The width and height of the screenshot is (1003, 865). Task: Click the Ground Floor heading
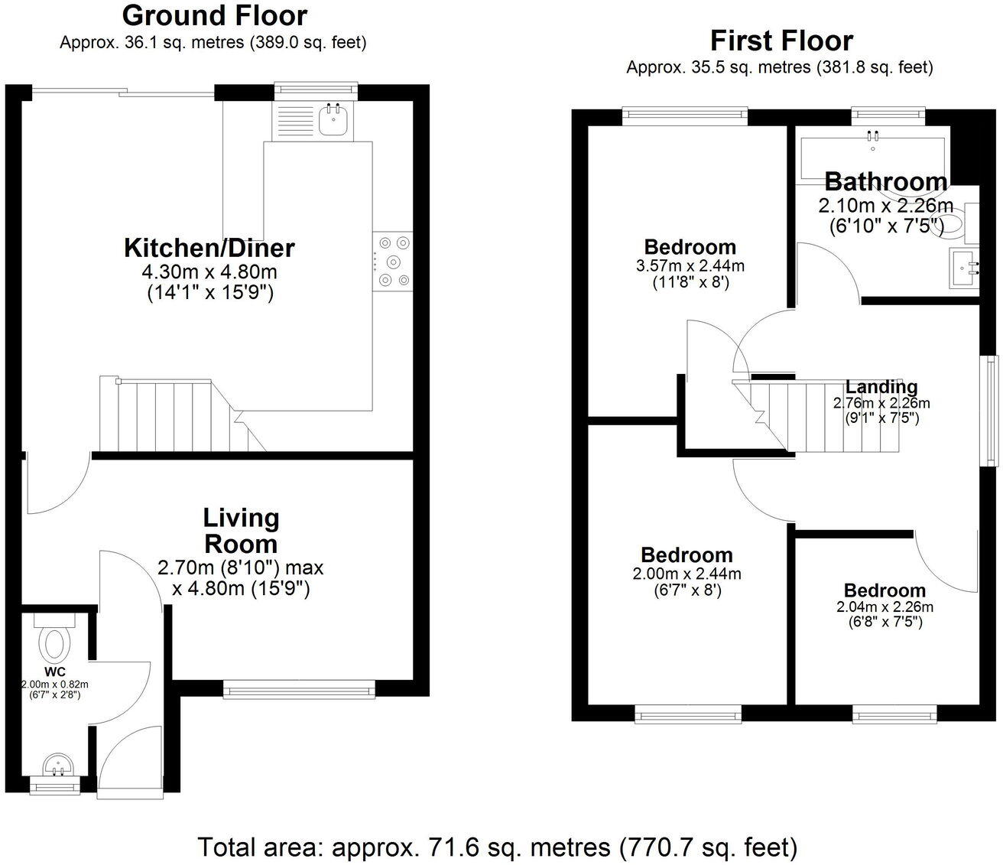click(x=215, y=16)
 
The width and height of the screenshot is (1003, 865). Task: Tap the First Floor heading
click(x=781, y=41)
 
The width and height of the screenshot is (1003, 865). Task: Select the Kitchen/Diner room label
click(x=209, y=248)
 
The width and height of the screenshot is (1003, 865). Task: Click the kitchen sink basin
click(x=333, y=120)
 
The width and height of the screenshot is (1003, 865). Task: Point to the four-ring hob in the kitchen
click(x=393, y=262)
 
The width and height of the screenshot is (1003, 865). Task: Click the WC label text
click(x=55, y=672)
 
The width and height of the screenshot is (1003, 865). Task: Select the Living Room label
click(x=241, y=531)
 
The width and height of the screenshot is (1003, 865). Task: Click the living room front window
click(x=299, y=689)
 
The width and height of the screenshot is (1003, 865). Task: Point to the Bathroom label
click(x=885, y=181)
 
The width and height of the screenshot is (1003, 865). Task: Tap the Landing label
click(x=881, y=387)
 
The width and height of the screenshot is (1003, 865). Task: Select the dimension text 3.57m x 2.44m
click(x=690, y=265)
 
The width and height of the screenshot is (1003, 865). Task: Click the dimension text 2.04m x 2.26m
click(x=885, y=606)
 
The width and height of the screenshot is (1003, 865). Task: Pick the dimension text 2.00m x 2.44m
click(x=687, y=574)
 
